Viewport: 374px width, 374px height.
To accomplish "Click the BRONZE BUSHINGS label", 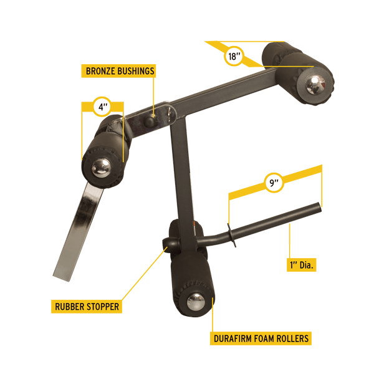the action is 118,71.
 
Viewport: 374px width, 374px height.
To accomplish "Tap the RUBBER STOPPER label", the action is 87,307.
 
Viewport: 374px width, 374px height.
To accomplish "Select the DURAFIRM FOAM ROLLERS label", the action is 261,338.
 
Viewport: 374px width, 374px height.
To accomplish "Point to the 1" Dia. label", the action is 302,265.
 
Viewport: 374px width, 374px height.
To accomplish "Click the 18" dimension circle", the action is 234,56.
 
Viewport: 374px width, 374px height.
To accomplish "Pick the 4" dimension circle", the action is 102,107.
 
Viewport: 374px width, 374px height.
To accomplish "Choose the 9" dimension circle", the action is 274,183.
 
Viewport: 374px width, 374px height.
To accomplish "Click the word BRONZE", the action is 100,71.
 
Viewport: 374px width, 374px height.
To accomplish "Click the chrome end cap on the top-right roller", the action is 315,85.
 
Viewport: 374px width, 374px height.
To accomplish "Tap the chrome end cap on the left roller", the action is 101,168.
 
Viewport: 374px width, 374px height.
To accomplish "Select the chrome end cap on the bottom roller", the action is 196,302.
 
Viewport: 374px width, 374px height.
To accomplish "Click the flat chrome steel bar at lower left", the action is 79,231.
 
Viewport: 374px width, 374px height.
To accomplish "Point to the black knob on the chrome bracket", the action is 150,121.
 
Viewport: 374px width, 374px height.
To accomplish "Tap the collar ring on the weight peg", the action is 232,236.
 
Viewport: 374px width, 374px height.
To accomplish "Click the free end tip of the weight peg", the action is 319,207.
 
